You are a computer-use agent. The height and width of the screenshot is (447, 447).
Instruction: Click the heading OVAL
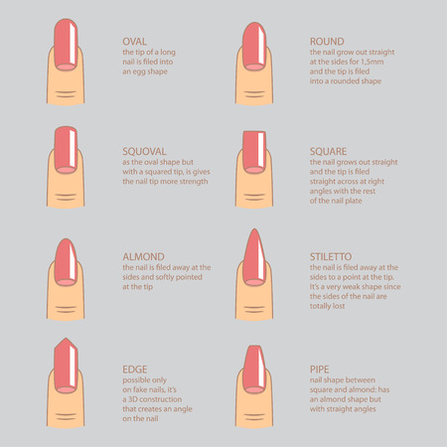(x=134, y=42)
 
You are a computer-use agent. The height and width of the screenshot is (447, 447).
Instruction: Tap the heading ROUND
(x=327, y=42)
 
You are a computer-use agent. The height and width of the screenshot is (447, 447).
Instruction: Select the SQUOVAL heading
(x=144, y=151)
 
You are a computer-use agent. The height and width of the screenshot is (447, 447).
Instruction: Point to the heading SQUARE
(x=328, y=151)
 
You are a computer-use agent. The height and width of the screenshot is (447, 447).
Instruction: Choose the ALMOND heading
(x=143, y=256)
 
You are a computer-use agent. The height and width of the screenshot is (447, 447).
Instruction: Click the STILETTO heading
(x=331, y=256)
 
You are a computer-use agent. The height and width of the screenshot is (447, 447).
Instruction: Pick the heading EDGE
(x=135, y=370)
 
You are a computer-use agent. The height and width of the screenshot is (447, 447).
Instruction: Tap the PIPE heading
(x=320, y=370)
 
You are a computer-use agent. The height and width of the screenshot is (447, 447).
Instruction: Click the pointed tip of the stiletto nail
(x=254, y=229)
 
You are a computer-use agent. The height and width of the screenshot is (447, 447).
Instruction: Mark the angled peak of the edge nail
(x=66, y=339)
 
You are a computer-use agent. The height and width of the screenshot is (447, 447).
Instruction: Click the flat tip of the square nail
(x=254, y=132)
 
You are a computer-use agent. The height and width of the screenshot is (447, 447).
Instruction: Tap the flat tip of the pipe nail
(x=254, y=347)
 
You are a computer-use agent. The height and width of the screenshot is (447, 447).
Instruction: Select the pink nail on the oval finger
(x=66, y=45)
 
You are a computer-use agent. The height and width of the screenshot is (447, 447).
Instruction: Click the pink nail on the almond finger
(x=66, y=262)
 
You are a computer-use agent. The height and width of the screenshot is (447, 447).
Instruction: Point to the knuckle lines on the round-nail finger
(x=254, y=94)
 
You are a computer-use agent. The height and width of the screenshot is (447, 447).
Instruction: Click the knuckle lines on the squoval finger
(x=66, y=197)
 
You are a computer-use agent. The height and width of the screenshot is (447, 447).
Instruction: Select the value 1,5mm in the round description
(x=372, y=62)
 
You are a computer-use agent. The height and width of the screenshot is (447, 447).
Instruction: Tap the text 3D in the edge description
(x=132, y=399)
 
